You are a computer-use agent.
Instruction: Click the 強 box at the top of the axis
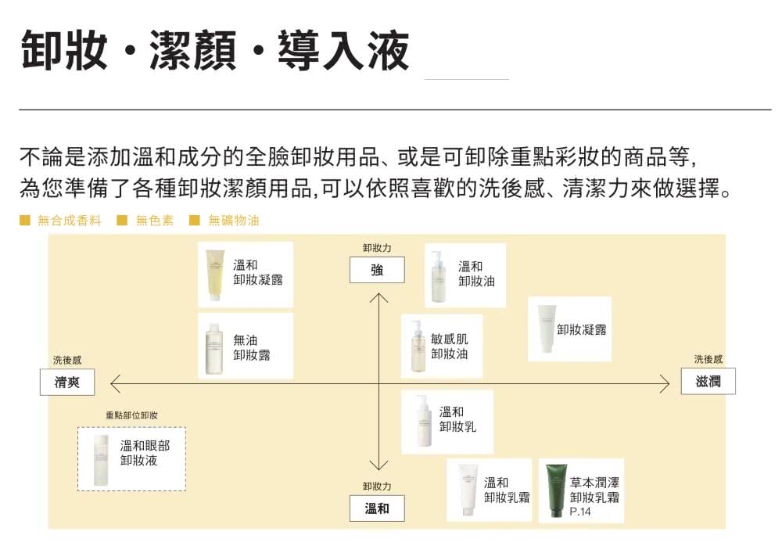pyautogui.click(x=377, y=270)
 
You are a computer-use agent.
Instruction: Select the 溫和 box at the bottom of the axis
pyautogui.click(x=377, y=508)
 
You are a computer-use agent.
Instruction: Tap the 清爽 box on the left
pyautogui.click(x=67, y=383)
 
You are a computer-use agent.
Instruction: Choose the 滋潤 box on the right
pyautogui.click(x=708, y=381)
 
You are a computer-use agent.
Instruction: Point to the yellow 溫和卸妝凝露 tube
pyautogui.click(x=215, y=275)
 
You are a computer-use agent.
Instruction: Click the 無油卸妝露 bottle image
pyautogui.click(x=213, y=348)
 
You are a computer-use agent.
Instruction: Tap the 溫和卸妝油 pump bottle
pyautogui.click(x=439, y=277)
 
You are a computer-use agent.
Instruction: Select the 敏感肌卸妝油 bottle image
pyautogui.click(x=418, y=346)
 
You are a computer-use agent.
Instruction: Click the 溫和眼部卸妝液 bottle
pyautogui.click(x=101, y=460)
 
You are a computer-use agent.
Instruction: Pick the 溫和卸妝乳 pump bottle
pyautogui.click(x=425, y=422)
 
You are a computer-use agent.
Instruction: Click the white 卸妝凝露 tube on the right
pyautogui.click(x=547, y=329)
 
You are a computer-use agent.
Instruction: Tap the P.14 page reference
pyautogui.click(x=580, y=512)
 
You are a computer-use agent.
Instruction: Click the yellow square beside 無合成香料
pyautogui.click(x=24, y=220)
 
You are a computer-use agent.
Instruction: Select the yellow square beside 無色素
pyautogui.click(x=122, y=220)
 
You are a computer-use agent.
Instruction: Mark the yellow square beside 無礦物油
pyautogui.click(x=195, y=220)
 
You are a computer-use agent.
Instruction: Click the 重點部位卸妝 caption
pyautogui.click(x=131, y=415)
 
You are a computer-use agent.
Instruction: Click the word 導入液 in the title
pyautogui.click(x=344, y=50)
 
